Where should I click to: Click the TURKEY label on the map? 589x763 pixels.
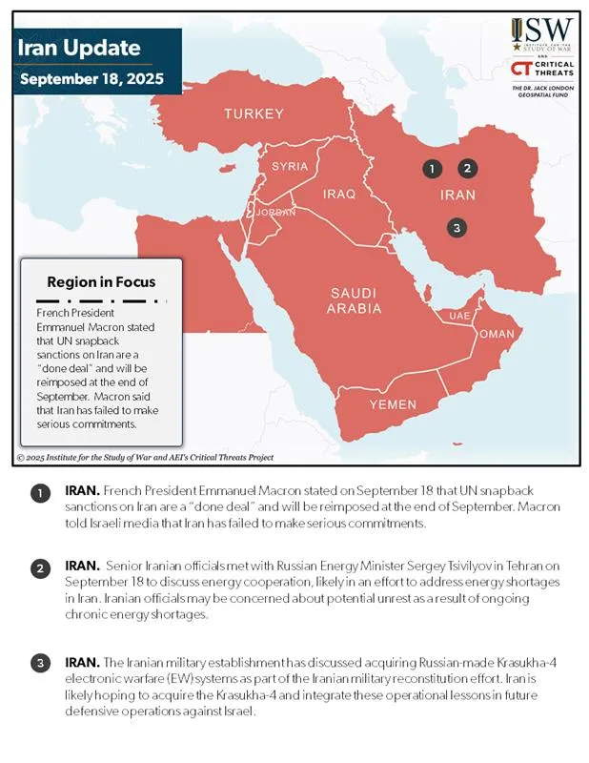[254, 114]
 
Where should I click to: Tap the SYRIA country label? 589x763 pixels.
[290, 166]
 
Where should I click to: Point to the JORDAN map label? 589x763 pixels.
[276, 212]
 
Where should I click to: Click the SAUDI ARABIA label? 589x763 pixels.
[355, 300]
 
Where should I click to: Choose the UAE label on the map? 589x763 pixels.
[458, 316]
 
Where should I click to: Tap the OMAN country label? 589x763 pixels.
[496, 334]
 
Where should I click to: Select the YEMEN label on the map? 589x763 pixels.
[393, 404]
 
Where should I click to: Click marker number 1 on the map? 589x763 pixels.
[432, 169]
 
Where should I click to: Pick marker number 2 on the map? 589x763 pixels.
[467, 169]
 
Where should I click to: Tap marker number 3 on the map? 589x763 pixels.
[457, 227]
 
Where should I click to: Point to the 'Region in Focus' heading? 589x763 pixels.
[101, 282]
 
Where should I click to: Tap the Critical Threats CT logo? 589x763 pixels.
[521, 69]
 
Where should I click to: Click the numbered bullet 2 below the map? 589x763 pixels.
[40, 569]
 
